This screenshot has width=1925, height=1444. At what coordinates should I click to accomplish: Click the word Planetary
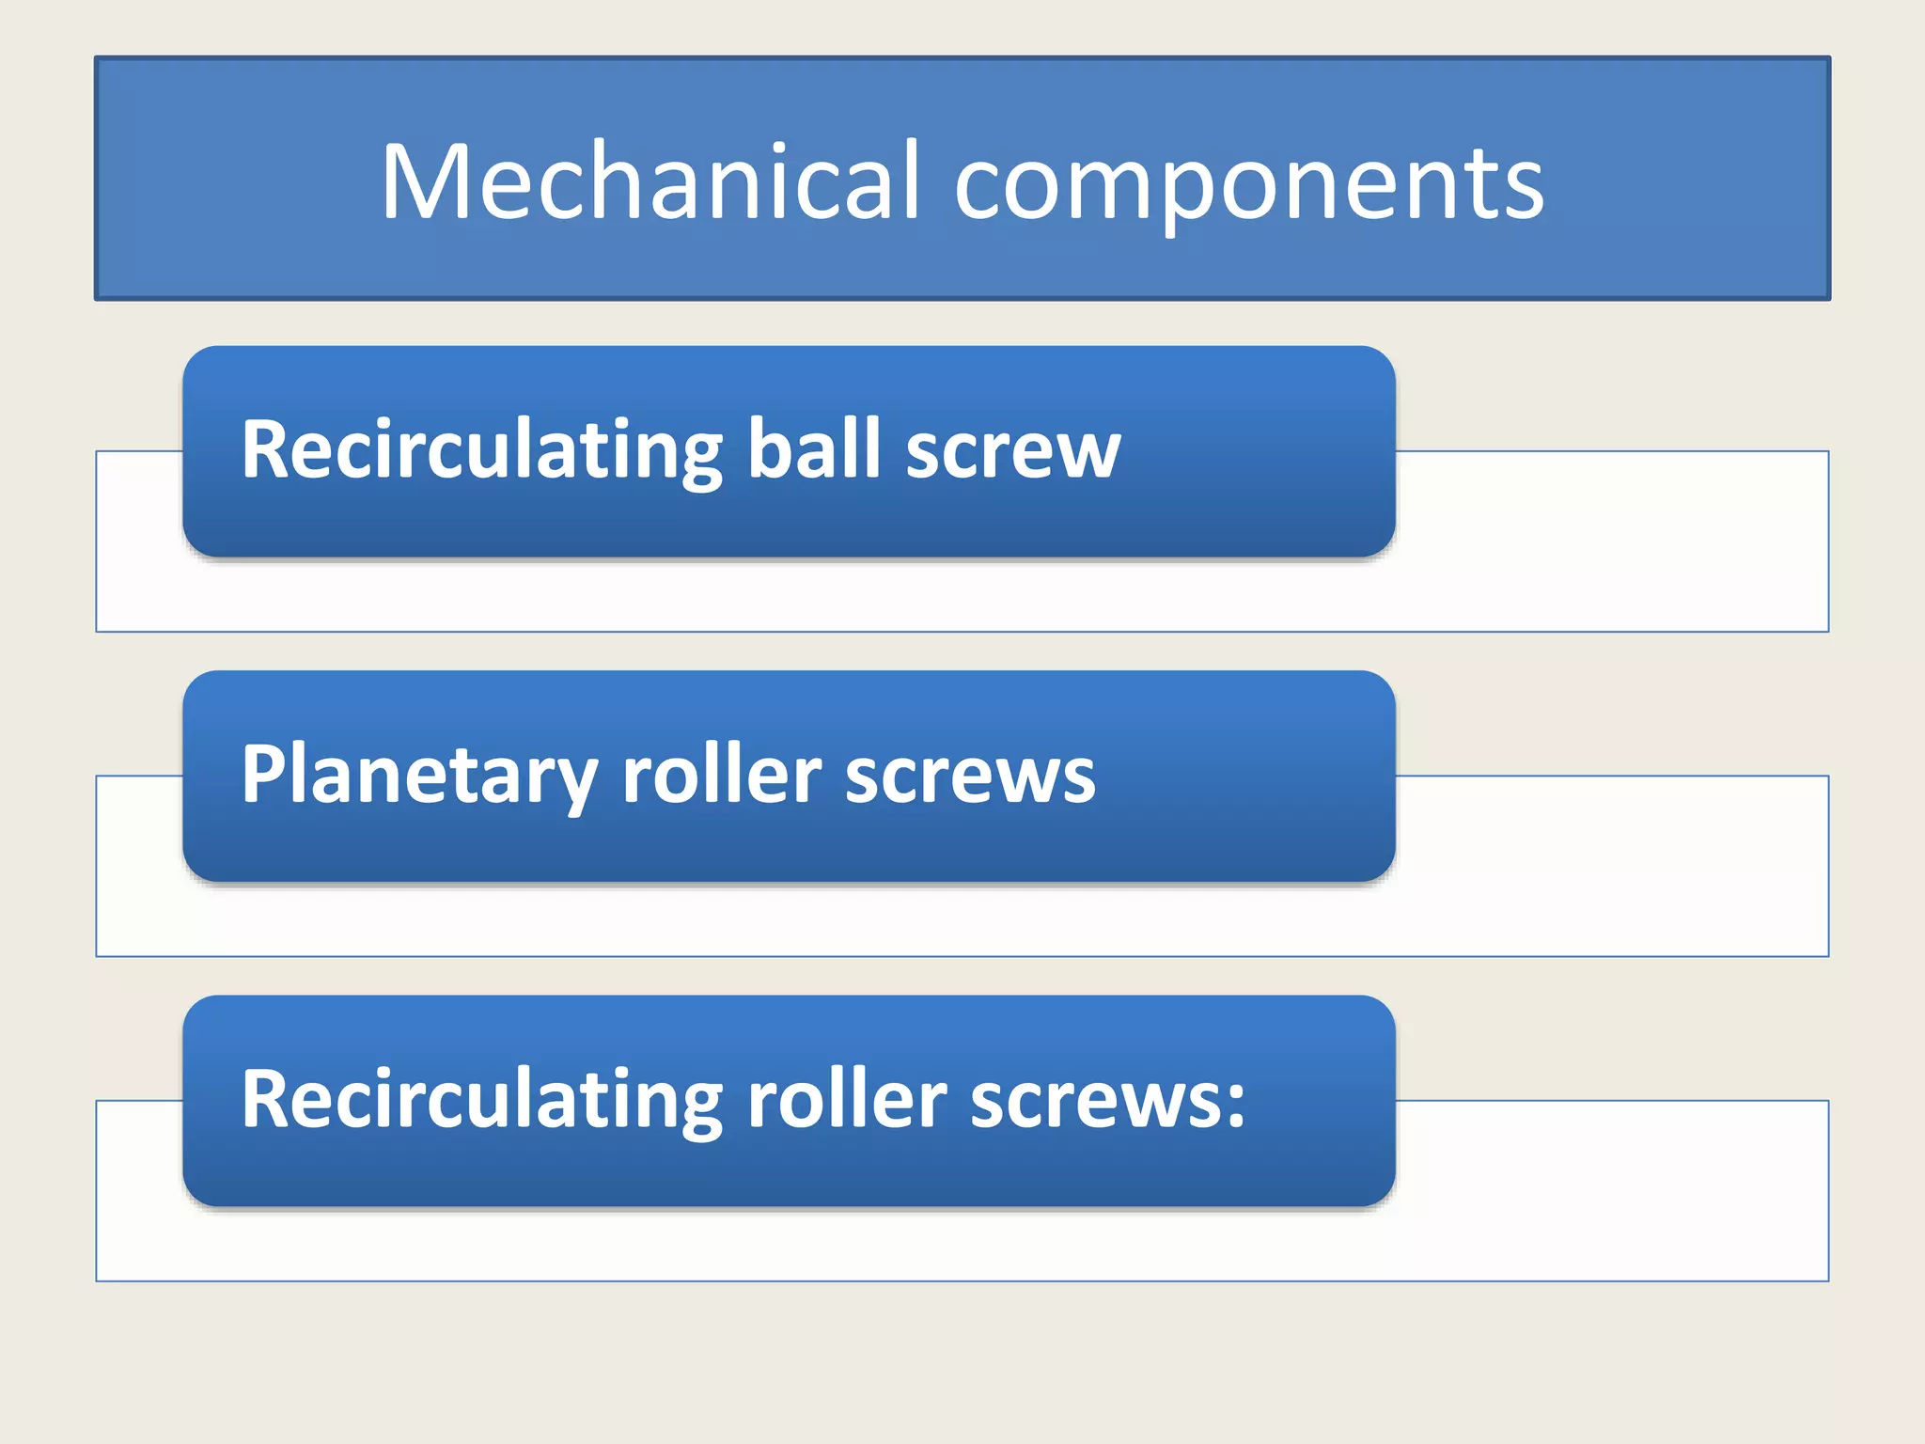(418, 775)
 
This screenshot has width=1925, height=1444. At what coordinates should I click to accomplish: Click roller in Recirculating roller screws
(847, 1099)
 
